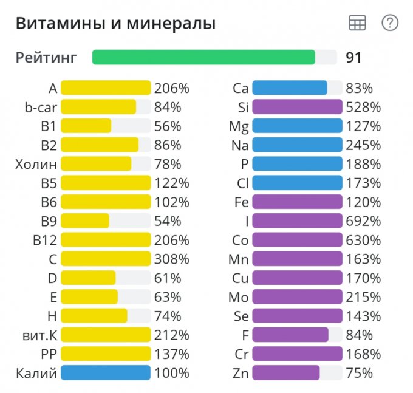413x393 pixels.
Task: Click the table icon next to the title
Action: [x=357, y=23]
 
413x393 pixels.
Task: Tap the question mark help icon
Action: [x=389, y=23]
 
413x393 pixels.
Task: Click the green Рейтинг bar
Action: [x=203, y=57]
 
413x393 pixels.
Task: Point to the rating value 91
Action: [x=353, y=58]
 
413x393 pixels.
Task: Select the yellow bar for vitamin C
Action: [x=106, y=259]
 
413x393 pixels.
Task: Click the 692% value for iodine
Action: [x=363, y=220]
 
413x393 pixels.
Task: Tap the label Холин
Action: [x=36, y=164]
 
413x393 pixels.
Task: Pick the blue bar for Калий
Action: [x=106, y=372]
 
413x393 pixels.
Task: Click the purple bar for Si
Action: [x=297, y=107]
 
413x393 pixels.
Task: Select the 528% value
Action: [x=363, y=107]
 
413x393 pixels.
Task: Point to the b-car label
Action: [x=41, y=107]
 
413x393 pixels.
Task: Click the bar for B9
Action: [x=85, y=220]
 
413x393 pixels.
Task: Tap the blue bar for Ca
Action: [x=290, y=88]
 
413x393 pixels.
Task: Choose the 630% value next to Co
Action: [x=363, y=240]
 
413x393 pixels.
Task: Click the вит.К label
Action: [x=39, y=335]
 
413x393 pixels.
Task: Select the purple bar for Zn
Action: [x=286, y=372]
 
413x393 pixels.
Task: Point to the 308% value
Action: [x=172, y=259]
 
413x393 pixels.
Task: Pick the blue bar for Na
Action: [x=297, y=145]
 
